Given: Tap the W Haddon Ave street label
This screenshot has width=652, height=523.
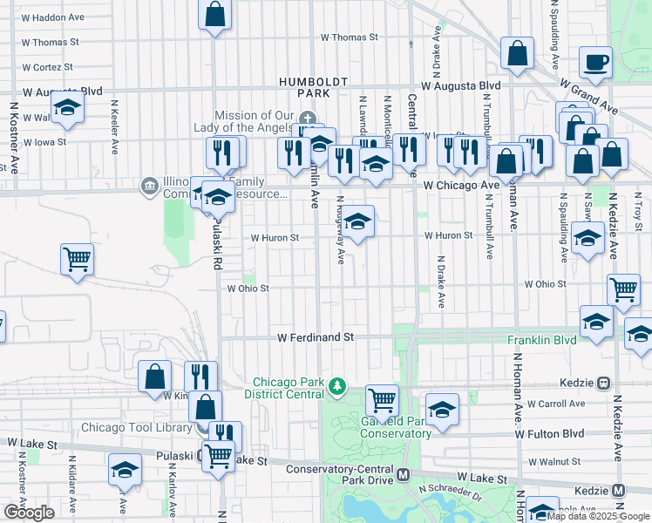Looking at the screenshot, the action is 53,17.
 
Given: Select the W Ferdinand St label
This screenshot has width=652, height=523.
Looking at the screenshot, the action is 316,336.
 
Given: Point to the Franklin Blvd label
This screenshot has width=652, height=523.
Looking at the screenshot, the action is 542,339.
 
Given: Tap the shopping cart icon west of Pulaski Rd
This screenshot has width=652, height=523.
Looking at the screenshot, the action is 77,258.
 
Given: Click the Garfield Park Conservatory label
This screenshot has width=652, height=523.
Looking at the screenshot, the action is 395,427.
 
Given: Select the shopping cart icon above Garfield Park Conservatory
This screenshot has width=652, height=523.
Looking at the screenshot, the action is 382,400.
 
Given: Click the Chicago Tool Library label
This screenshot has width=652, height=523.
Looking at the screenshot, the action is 136,427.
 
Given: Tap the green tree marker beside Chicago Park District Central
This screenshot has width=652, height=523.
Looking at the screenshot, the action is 336,385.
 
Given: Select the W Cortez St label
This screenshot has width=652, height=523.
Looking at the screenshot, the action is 51,67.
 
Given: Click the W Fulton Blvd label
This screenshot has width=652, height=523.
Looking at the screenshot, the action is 549,433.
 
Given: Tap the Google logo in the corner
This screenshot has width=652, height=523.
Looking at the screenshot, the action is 28,513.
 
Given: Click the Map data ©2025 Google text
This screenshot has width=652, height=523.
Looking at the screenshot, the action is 598,516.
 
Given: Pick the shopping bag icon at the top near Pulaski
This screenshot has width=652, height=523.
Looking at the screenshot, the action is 214,15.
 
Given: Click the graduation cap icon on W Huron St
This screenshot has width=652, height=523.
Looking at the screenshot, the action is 357,221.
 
